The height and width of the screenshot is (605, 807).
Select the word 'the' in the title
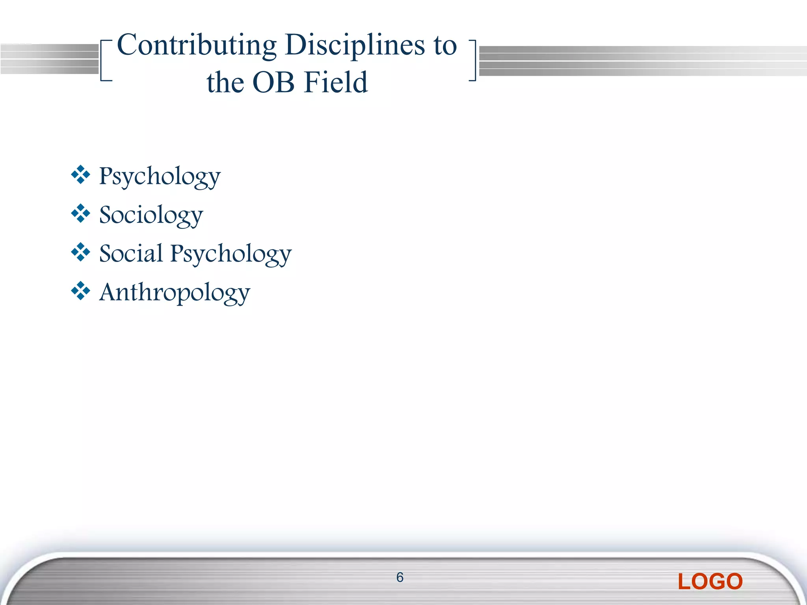coord(225,83)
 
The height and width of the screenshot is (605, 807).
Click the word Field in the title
coord(336,83)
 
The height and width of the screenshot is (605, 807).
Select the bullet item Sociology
coord(151,215)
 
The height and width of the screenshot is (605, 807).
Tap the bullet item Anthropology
coord(175,293)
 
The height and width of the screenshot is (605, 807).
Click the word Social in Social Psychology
coord(131,253)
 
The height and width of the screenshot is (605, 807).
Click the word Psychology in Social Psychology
coord(231,254)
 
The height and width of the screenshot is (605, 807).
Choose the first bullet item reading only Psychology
coord(160,176)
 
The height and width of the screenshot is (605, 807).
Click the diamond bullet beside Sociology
coord(80,213)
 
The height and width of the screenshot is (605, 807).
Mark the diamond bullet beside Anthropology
coord(80,291)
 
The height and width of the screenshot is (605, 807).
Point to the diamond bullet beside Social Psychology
coord(80,252)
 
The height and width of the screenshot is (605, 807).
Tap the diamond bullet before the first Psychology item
coord(80,175)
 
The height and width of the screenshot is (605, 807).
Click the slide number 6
coord(400,577)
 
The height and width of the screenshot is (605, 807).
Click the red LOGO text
coord(710,582)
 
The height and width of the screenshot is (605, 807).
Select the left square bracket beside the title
coord(104,61)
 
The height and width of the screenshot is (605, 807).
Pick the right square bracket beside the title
coord(473,61)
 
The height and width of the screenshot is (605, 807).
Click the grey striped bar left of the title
coord(49,59)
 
